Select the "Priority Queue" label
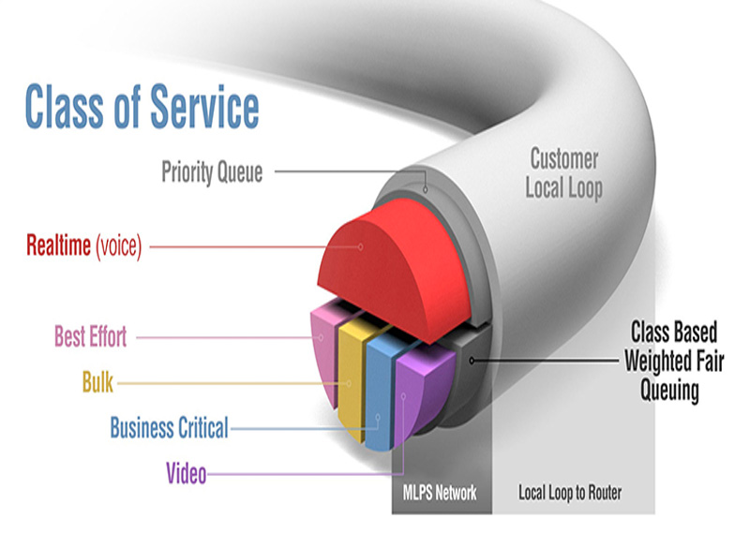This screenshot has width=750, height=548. (212, 172)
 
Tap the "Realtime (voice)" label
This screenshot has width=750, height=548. (83, 247)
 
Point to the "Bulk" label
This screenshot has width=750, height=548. (97, 382)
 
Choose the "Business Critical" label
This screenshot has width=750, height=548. (169, 428)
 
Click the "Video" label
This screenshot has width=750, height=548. (186, 473)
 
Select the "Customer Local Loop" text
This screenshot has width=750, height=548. (563, 172)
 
